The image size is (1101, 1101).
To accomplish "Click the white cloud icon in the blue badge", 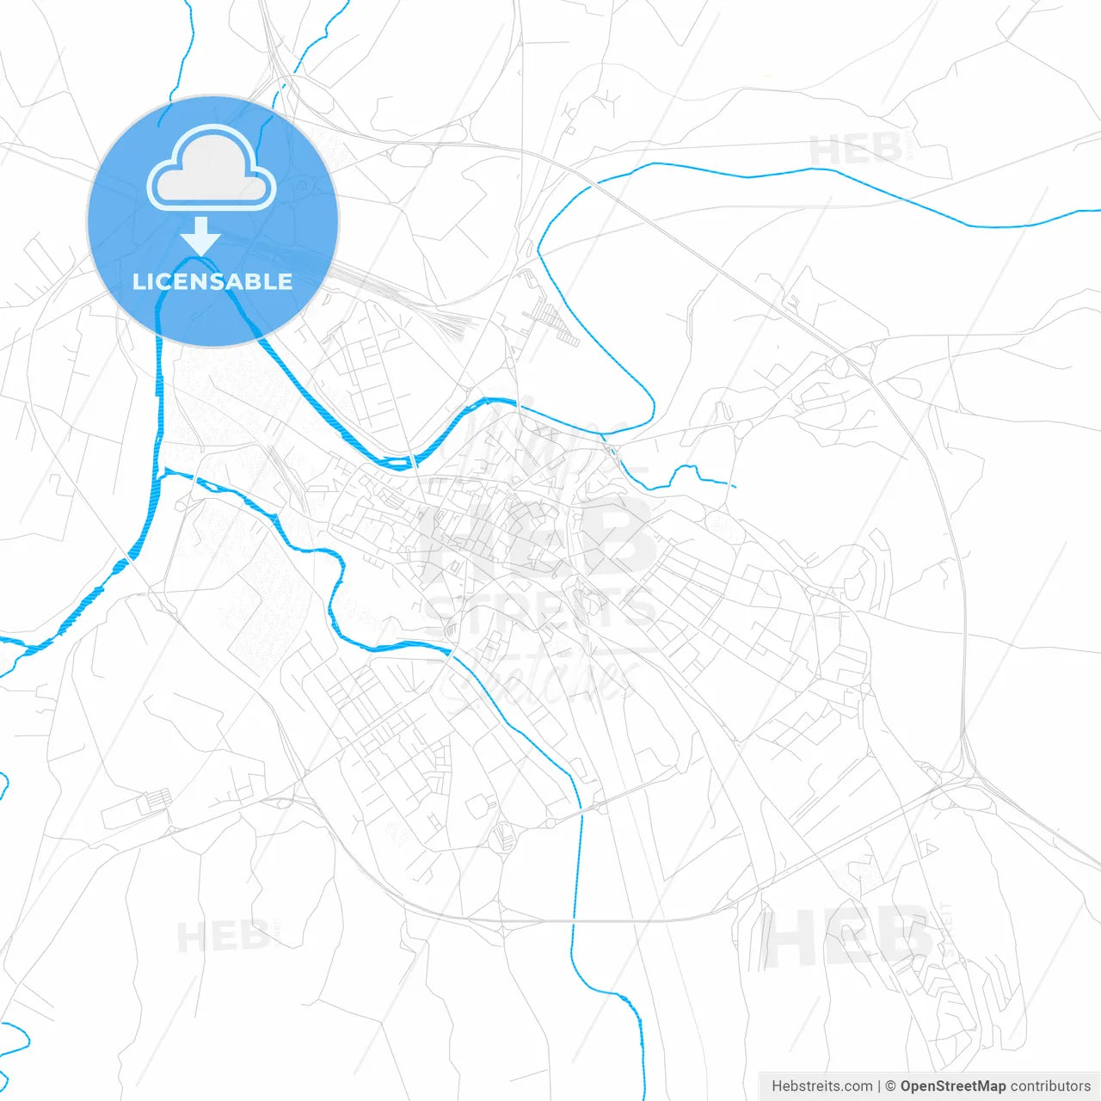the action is [x=212, y=169].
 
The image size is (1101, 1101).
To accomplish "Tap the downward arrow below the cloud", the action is [x=201, y=235].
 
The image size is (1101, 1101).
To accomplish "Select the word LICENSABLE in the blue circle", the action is [x=212, y=281].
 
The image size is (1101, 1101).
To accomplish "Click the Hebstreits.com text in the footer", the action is [x=821, y=1086].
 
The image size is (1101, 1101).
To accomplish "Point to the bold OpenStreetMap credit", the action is [x=952, y=1086].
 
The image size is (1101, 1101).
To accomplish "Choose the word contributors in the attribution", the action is [x=1050, y=1086].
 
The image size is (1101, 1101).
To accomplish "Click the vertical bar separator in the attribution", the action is [x=879, y=1086].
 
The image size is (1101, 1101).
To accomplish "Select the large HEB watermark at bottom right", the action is [x=847, y=938].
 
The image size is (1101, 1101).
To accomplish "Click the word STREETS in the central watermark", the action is [x=539, y=609].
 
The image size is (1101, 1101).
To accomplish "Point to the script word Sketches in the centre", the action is [x=542, y=680].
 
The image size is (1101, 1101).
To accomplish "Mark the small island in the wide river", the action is [x=396, y=464].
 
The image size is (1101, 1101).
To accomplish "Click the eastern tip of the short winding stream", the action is [x=735, y=487].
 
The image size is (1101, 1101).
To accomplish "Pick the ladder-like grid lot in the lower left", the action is [x=156, y=800].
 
